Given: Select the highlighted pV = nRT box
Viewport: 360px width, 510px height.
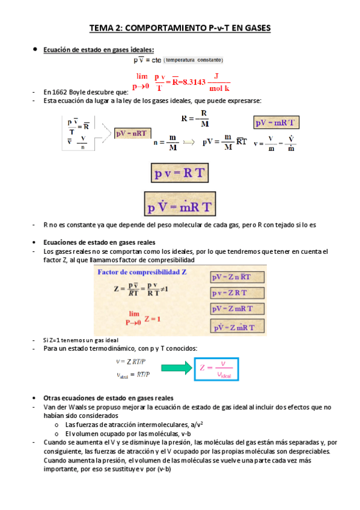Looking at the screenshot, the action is pyautogui.click(x=132, y=134).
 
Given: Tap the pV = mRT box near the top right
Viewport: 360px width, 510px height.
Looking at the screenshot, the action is pyautogui.click(x=276, y=123).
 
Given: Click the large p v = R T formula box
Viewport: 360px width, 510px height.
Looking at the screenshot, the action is pyautogui.click(x=180, y=174).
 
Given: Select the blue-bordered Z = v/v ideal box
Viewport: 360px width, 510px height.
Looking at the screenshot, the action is pyautogui.click(x=216, y=367).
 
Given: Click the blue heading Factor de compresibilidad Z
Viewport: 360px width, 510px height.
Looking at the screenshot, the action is pyautogui.click(x=142, y=272).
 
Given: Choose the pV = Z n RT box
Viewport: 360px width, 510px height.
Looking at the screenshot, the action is pyautogui.click(x=236, y=278).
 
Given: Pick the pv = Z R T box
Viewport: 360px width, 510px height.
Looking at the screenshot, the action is pyautogui.click(x=236, y=293).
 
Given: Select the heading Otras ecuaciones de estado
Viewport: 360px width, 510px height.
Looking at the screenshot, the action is pyautogui.click(x=109, y=398).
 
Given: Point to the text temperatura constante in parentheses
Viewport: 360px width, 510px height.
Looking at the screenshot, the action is pyautogui.click(x=194, y=60).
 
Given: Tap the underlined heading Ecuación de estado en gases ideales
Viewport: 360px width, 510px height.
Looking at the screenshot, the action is pyautogui.click(x=99, y=50).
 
